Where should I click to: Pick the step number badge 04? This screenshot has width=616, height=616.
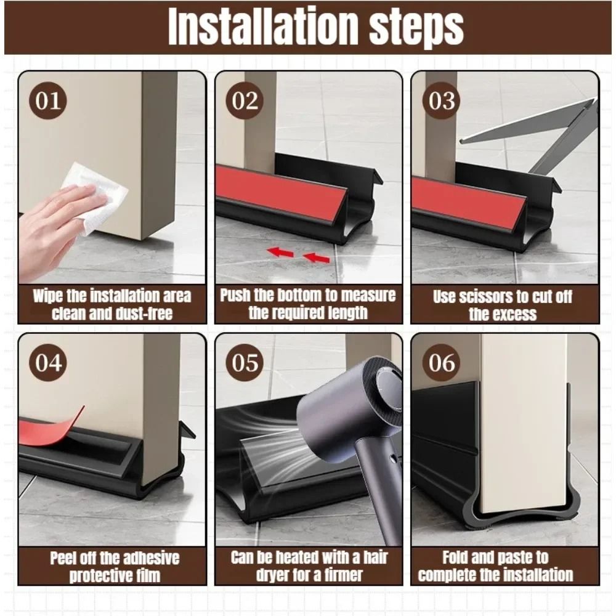point(48,363)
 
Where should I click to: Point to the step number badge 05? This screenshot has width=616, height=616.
point(245,363)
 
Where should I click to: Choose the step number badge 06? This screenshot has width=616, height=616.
point(441,363)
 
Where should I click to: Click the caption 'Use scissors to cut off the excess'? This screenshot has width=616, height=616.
point(503,306)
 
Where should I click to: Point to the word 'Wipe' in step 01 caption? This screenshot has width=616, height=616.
point(48,296)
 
